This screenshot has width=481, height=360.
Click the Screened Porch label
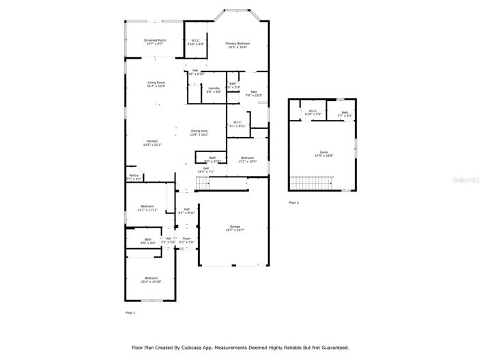click(154, 42)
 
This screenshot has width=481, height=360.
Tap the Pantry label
click(134, 177)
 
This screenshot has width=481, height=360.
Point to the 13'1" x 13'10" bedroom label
click(151, 279)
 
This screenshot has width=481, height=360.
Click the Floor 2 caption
click(294, 202)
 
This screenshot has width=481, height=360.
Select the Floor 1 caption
click(130, 312)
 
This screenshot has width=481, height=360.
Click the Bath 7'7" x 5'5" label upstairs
click(345, 114)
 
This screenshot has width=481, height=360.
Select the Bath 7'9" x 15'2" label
click(254, 93)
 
